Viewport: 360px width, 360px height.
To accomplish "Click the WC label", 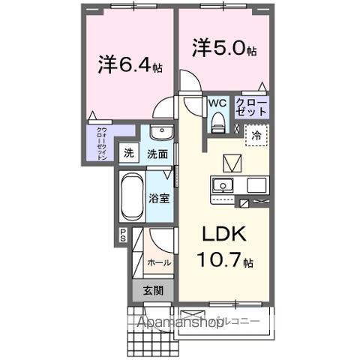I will coord(217,103).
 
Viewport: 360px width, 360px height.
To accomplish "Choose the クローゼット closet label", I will coord(250,106).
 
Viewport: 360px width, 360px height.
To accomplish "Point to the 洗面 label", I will coord(156,154).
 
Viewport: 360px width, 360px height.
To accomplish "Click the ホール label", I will coord(158,262).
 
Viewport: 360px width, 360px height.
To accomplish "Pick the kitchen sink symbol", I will coord(223,184).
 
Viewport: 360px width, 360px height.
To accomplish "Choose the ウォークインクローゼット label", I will coord(100,144).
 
